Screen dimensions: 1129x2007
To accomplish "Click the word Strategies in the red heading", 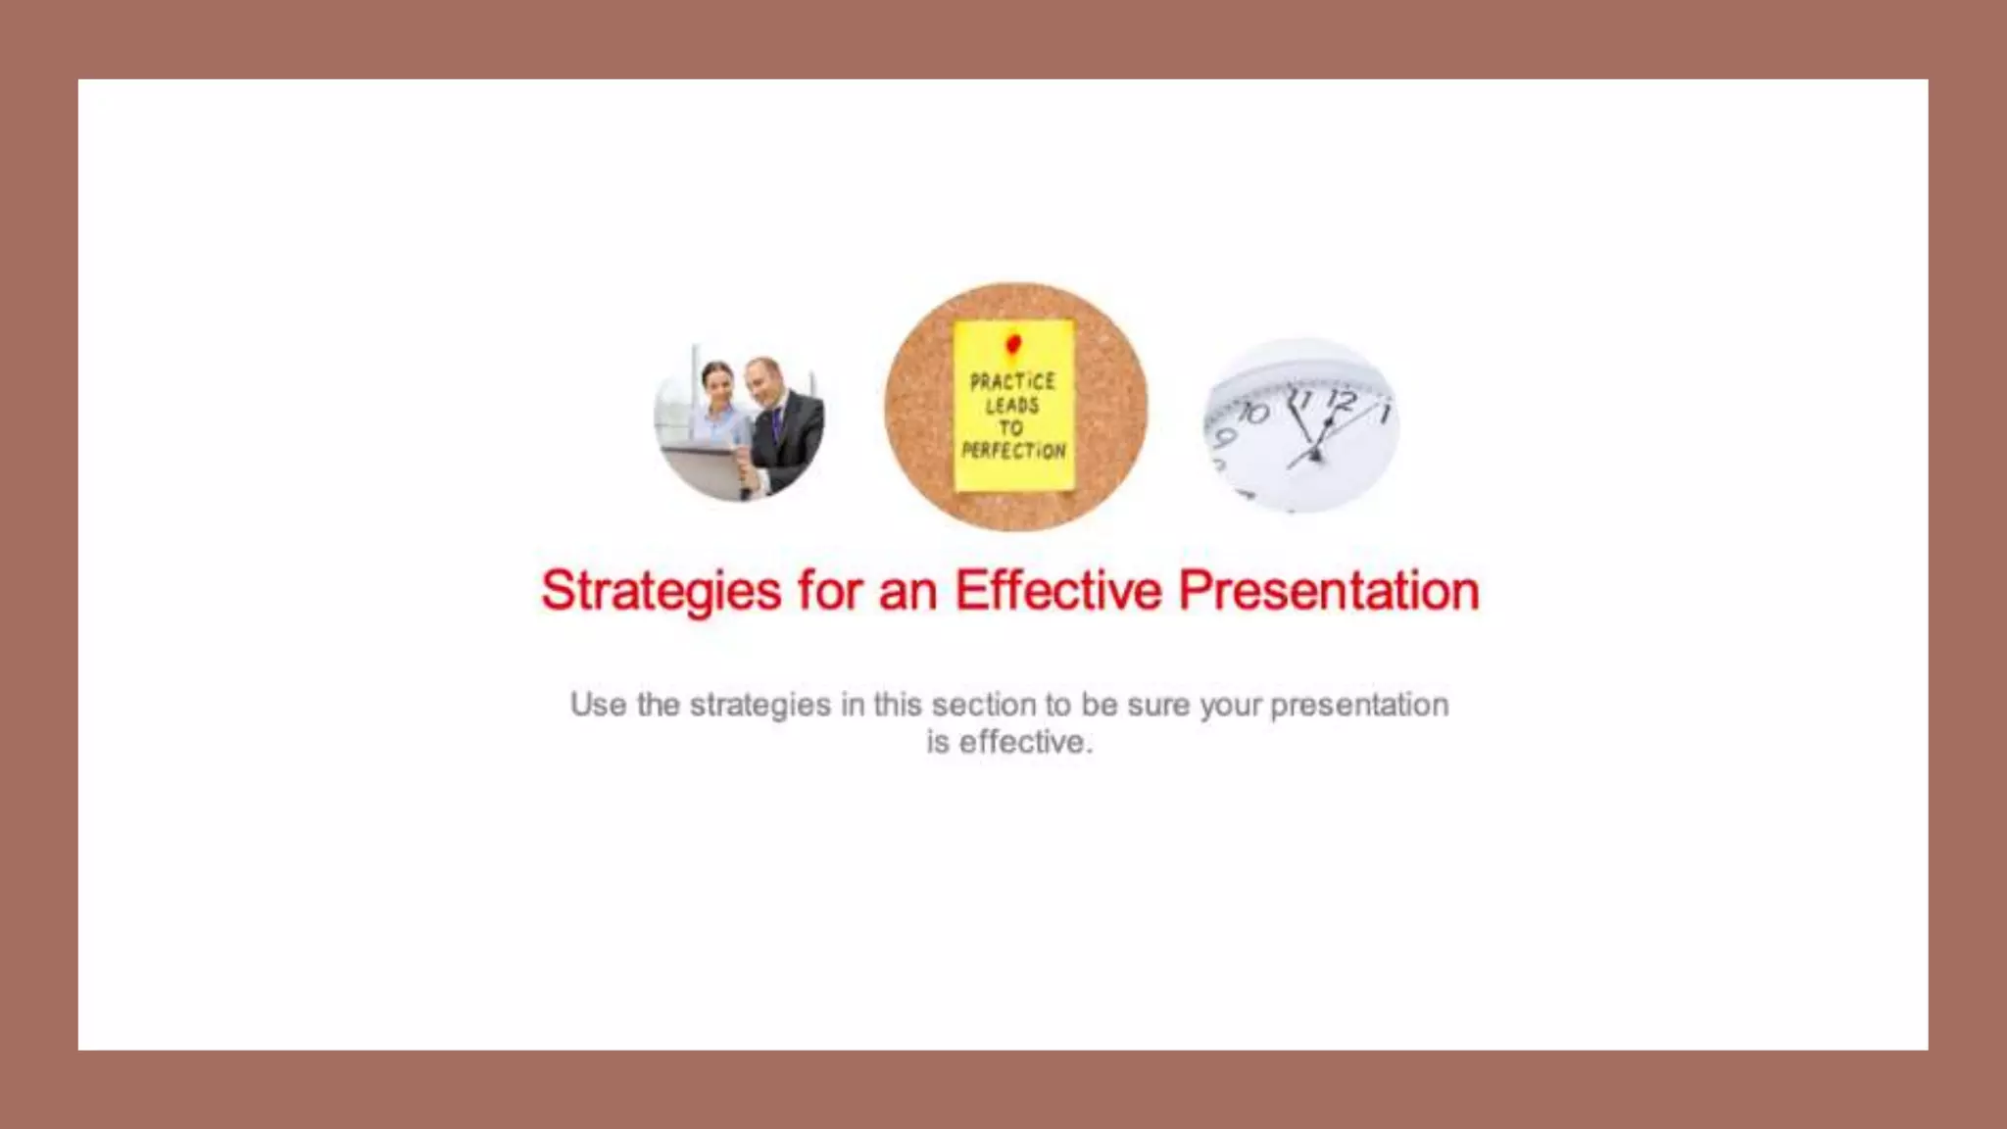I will point(661,591).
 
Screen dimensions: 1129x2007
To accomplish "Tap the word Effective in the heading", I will point(1057,590).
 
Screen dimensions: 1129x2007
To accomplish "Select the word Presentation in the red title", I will point(1328,590).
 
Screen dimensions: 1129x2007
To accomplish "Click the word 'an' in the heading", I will point(906,592).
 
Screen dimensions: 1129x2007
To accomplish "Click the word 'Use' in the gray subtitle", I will point(598,705).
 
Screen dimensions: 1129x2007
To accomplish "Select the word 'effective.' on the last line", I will point(1025,742).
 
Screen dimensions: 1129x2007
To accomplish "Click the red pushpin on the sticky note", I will point(1013,343).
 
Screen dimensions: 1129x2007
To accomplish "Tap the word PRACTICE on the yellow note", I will point(1012,381).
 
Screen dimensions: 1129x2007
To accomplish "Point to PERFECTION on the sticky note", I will point(1013,451).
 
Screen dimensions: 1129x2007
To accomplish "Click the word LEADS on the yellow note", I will point(1012,405).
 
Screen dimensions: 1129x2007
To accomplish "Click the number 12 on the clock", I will point(1341,401).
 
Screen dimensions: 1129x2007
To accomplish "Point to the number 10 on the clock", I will point(1252,412).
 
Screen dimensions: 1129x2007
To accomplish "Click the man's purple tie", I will point(776,423).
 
